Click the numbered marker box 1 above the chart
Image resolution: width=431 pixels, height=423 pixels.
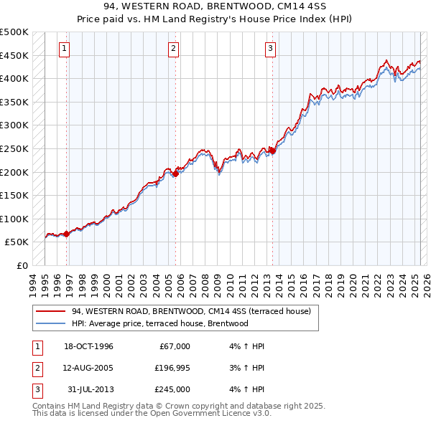click(x=65, y=49)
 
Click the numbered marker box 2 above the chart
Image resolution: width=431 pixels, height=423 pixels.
click(x=174, y=49)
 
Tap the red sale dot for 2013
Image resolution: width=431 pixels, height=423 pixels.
click(x=273, y=151)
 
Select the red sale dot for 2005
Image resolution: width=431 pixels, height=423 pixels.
click(x=176, y=173)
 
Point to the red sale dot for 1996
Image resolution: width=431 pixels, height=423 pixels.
click(x=67, y=234)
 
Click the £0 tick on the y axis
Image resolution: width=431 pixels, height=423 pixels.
click(x=22, y=265)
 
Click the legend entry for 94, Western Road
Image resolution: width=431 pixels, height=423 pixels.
click(x=190, y=311)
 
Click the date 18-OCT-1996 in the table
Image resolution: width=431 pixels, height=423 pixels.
click(x=88, y=346)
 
